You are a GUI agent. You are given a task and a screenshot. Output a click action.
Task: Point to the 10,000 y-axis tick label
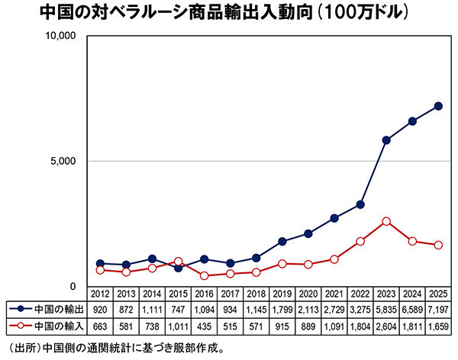[x=57, y=37]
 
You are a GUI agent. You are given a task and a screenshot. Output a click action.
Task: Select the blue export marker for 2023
[x=386, y=140]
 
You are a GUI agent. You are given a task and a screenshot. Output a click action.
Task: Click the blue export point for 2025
[x=438, y=106]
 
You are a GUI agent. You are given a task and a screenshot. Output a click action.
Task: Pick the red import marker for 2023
[x=386, y=221]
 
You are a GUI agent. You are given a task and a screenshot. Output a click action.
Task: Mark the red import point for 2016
[x=205, y=275]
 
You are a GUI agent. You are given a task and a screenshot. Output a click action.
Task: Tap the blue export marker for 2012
[x=100, y=263]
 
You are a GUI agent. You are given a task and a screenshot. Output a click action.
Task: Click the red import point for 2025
[x=438, y=245]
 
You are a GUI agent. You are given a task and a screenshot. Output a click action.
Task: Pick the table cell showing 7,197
[x=438, y=310]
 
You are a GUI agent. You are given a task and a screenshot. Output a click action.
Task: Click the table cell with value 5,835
[x=386, y=310]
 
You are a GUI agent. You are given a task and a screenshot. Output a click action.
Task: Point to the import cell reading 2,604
[x=386, y=326]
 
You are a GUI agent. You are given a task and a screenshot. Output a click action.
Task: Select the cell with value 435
[x=205, y=326]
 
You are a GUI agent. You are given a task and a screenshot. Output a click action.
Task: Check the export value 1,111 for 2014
[x=152, y=310]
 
